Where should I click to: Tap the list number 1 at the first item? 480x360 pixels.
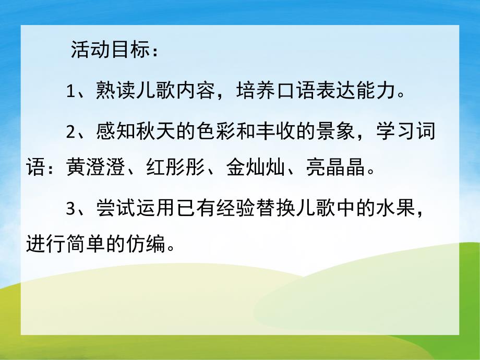71,93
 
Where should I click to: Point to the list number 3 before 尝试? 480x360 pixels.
71,208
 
